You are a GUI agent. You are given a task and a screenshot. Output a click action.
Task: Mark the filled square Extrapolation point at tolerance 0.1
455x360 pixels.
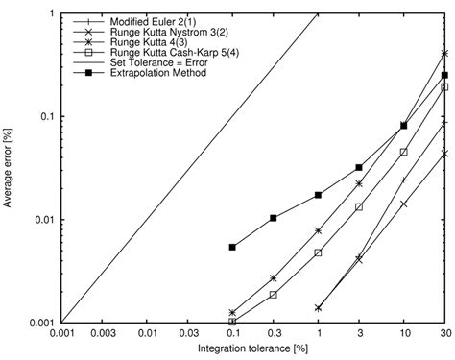pyautogui.click(x=232, y=247)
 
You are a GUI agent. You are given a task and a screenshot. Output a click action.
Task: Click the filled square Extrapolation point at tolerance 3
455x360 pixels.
pyautogui.click(x=359, y=167)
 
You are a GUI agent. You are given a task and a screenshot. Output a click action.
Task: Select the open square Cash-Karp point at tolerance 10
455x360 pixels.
pyautogui.click(x=403, y=152)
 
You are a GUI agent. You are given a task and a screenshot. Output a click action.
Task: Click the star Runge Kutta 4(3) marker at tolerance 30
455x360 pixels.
pyautogui.click(x=444, y=53)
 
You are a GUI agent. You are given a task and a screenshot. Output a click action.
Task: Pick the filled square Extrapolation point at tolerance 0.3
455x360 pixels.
pyautogui.click(x=274, y=218)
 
